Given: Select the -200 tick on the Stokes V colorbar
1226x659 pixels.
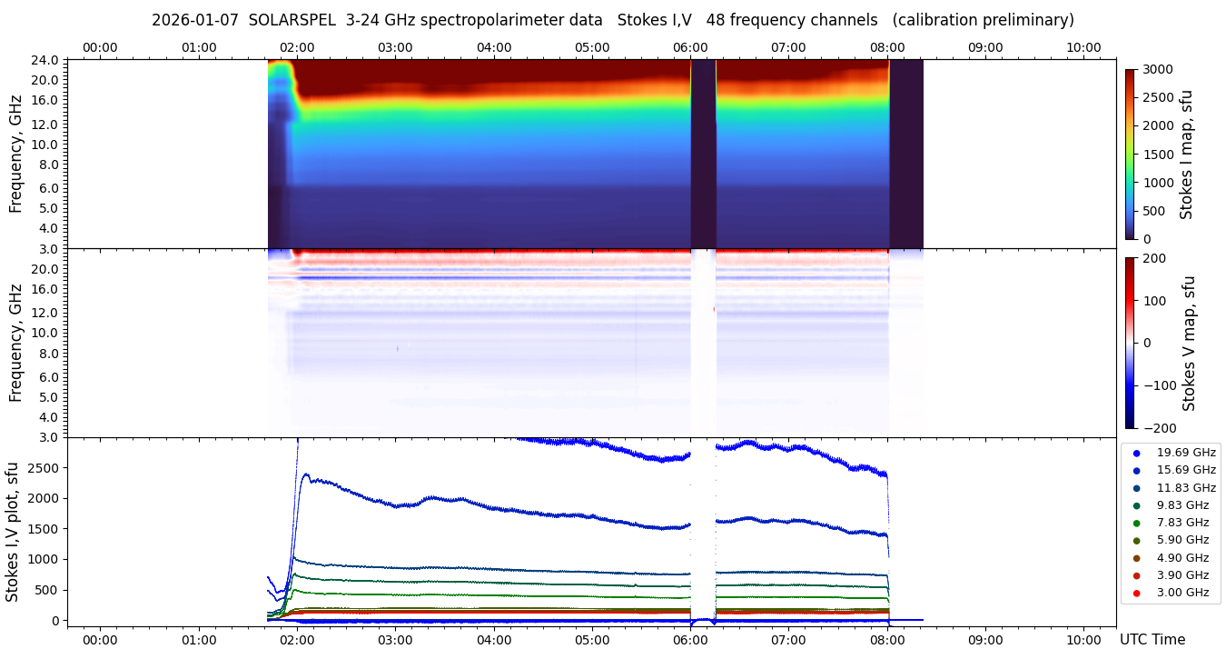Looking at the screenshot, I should click(1160, 428).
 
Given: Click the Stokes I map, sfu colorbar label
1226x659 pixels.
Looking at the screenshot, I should click(1186, 155).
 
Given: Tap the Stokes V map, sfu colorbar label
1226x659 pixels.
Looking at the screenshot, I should click(1189, 343).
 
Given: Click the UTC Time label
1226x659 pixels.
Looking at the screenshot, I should click(1152, 640).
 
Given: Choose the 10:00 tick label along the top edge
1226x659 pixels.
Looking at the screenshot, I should click(1083, 47).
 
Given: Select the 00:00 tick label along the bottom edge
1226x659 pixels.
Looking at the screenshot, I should click(100, 640).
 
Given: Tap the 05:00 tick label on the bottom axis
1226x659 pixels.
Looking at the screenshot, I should click(592, 640).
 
